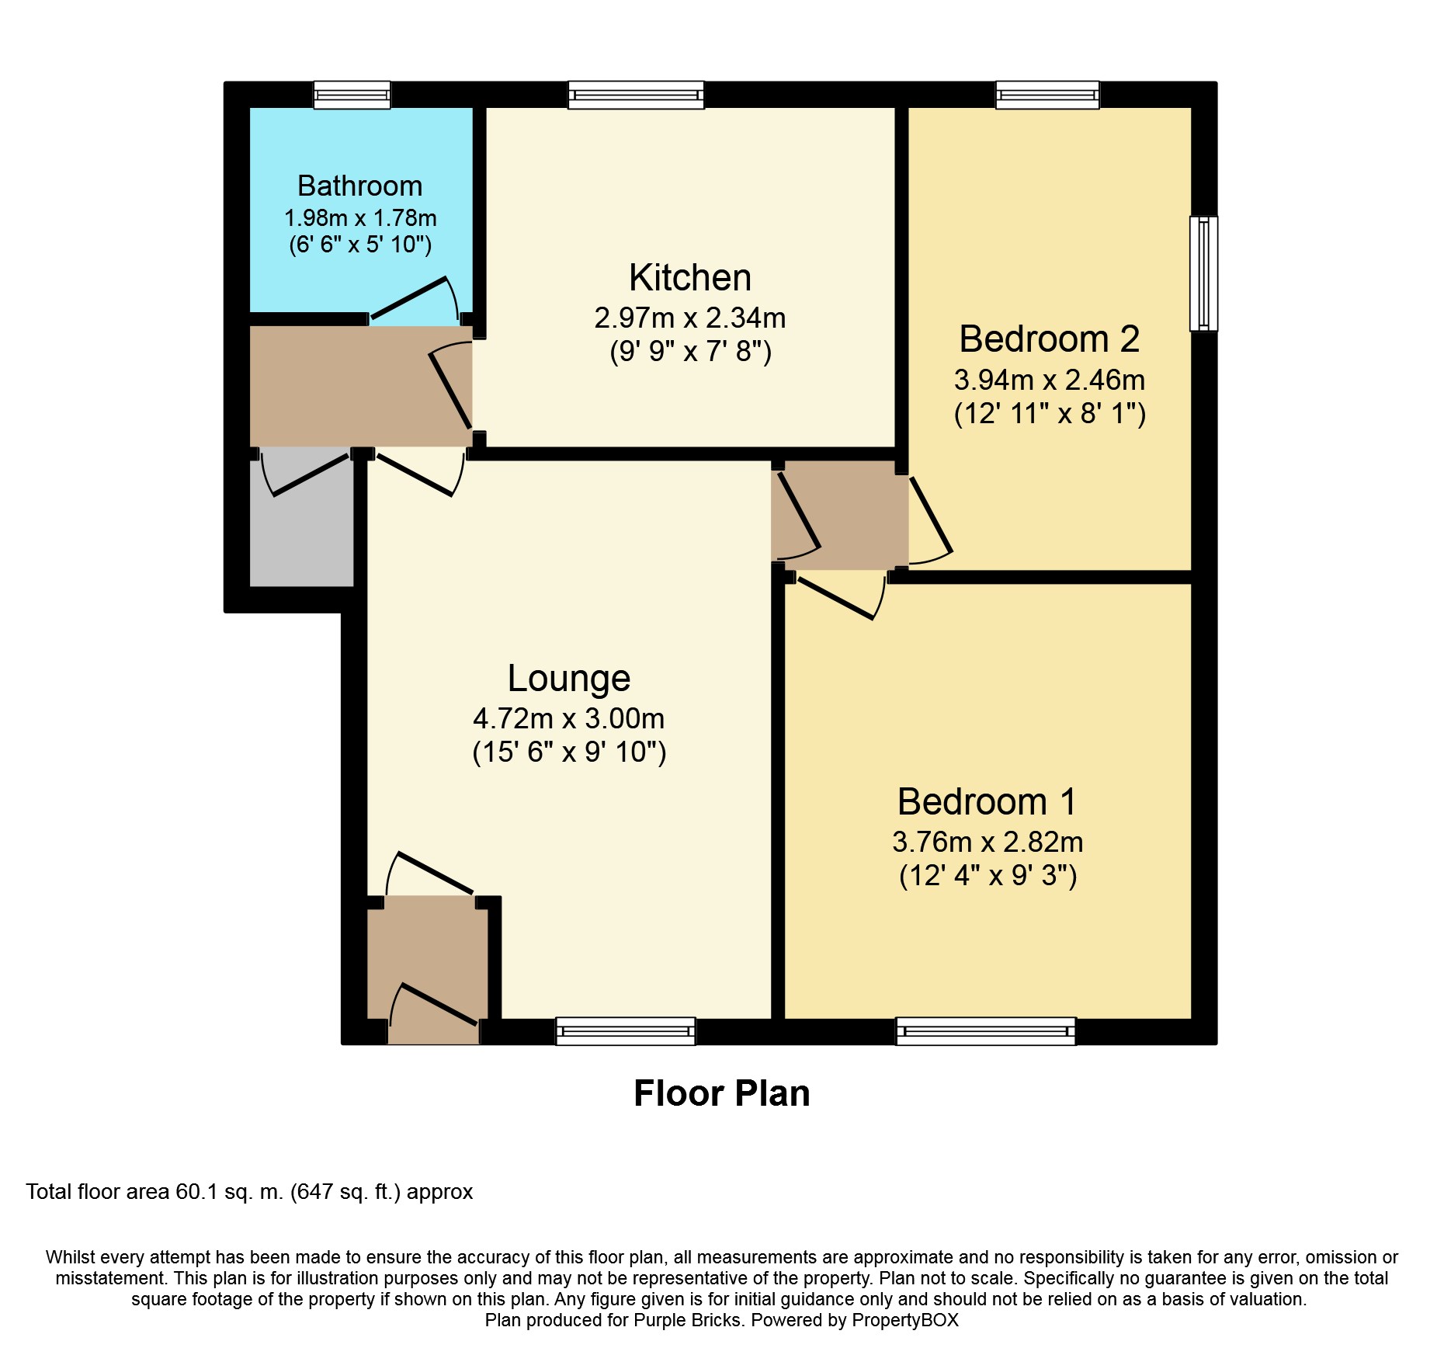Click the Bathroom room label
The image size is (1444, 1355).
[x=359, y=186]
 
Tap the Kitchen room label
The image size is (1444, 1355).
[x=690, y=278]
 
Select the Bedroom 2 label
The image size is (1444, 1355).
[x=1050, y=339]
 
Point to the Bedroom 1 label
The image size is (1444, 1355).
[x=987, y=802]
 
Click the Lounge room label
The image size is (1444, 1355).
[x=569, y=679]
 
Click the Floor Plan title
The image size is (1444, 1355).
[x=722, y=1093]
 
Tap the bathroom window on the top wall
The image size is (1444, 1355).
[x=352, y=95]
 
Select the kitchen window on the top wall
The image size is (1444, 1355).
[x=636, y=95]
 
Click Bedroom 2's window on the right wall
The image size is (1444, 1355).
[x=1204, y=273]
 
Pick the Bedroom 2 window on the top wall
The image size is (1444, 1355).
[x=1048, y=95]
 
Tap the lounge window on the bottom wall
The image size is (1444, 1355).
[x=626, y=1031]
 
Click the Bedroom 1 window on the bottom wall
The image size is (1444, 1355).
[x=986, y=1031]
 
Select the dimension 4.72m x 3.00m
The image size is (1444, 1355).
[x=569, y=719]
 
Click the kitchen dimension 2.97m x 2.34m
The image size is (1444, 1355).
[x=690, y=318]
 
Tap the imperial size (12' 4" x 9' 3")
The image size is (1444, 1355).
[x=988, y=876]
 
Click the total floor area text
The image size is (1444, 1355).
[x=249, y=1192]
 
